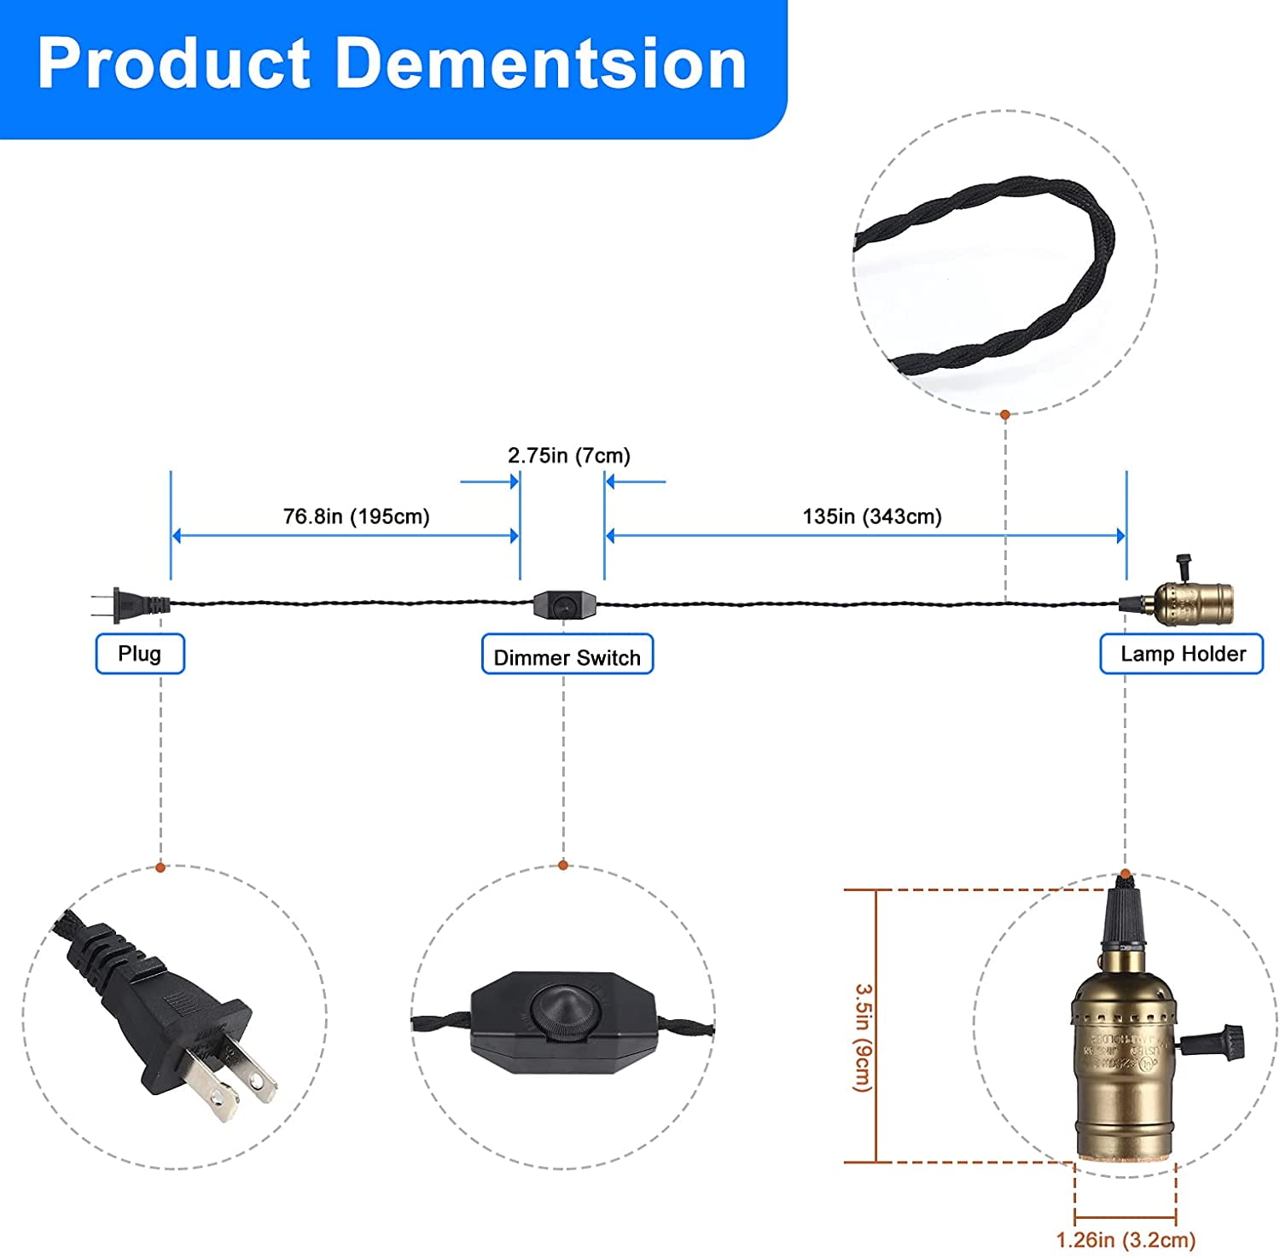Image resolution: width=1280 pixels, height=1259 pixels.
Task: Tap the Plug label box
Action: [x=140, y=654]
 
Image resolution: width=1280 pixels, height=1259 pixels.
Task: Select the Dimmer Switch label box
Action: [x=567, y=656]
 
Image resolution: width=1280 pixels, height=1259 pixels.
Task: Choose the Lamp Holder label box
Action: [x=1182, y=654]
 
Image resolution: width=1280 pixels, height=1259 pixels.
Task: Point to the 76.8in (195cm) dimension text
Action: [x=356, y=516]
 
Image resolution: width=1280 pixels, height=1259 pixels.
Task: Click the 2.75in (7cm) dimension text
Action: [x=569, y=456]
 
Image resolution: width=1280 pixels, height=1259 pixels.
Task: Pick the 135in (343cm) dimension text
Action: [x=872, y=516]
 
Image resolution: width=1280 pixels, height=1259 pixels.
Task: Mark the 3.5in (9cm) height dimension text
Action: [x=864, y=1038]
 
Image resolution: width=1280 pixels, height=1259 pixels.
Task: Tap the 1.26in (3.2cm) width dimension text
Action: [x=1126, y=1239]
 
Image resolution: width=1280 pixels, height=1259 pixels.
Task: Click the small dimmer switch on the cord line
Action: [x=561, y=604]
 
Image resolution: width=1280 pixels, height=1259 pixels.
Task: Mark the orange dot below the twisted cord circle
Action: [x=1005, y=414]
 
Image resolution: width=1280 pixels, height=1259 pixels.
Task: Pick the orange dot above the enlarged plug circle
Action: [x=160, y=867]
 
